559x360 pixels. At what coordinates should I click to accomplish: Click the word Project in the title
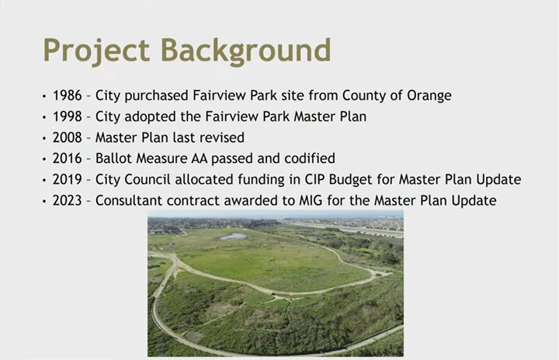pyautogui.click(x=95, y=50)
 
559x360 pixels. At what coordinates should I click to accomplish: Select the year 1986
pyautogui.click(x=68, y=96)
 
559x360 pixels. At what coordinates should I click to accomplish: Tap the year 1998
pyautogui.click(x=68, y=117)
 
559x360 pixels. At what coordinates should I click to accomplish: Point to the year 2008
pyautogui.click(x=68, y=138)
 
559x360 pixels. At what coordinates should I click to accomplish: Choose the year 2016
pyautogui.click(x=68, y=159)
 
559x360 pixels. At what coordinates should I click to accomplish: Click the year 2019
pyautogui.click(x=68, y=180)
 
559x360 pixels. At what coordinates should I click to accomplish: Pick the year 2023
pyautogui.click(x=68, y=201)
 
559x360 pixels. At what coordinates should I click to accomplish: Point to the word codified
pyautogui.click(x=307, y=159)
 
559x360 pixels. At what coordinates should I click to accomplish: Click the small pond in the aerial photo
pyautogui.click(x=233, y=236)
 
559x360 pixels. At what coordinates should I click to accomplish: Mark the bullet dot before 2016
pyautogui.click(x=44, y=160)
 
